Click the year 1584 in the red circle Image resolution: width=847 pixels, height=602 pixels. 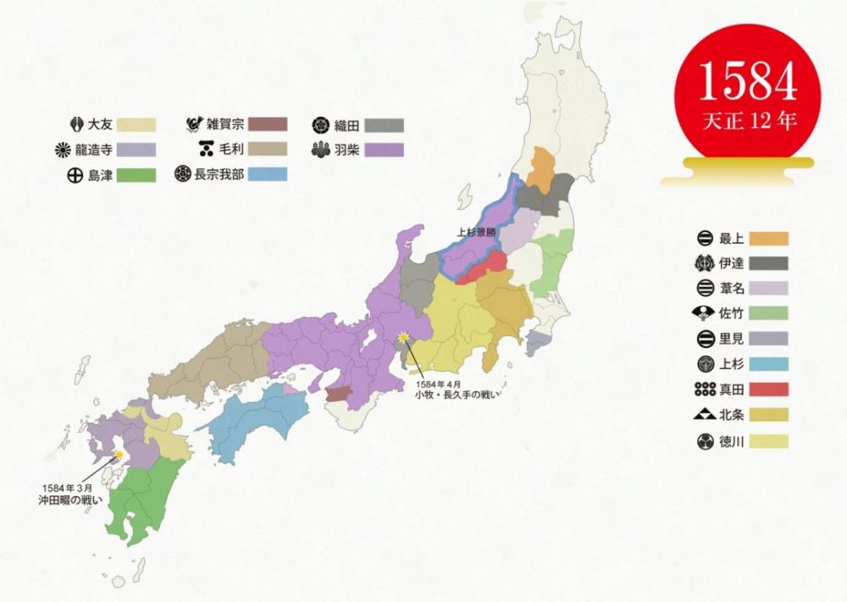tap(748, 80)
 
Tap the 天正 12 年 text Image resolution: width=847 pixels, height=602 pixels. tap(749, 120)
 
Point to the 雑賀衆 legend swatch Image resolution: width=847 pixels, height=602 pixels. tap(263, 124)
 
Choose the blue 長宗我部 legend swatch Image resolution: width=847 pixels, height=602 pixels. tap(263, 176)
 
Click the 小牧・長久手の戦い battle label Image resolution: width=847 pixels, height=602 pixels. tap(452, 392)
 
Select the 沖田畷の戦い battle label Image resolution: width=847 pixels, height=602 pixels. tap(70, 500)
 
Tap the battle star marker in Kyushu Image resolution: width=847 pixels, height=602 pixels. tap(120, 456)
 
